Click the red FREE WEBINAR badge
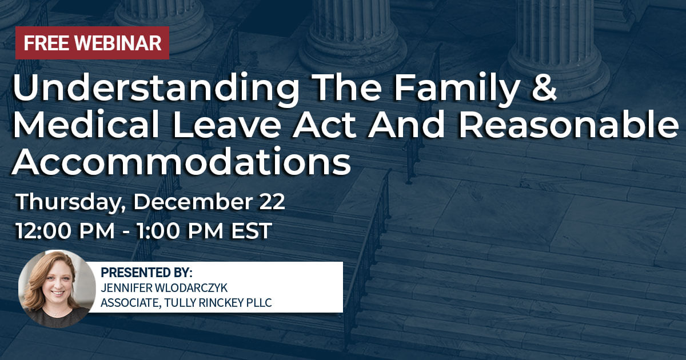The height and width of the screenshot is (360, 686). click(x=92, y=43)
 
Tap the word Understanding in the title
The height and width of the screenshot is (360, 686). click(x=156, y=89)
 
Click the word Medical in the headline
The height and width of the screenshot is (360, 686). click(x=86, y=125)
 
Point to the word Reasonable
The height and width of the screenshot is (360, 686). click(x=568, y=125)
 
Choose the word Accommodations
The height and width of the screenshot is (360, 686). click(x=181, y=161)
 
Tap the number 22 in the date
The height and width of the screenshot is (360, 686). click(x=272, y=202)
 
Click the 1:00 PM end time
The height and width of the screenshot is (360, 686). click(x=180, y=230)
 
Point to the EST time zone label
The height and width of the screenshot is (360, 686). click(x=252, y=230)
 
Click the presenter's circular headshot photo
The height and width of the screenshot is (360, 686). click(x=57, y=289)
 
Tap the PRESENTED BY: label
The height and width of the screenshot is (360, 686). click(x=146, y=272)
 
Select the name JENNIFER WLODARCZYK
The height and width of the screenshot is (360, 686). click(x=164, y=288)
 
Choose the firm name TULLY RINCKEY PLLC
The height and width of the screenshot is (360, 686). click(x=218, y=302)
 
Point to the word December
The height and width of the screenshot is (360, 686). click(x=194, y=202)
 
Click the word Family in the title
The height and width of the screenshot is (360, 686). click(x=456, y=89)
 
